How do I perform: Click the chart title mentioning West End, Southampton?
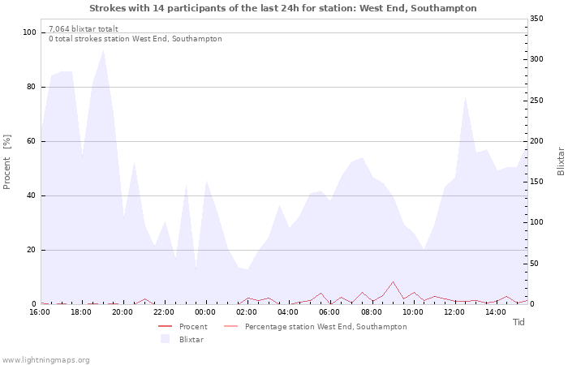[x=283, y=8]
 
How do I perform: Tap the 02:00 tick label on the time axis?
[x=247, y=312]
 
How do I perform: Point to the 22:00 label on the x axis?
[x=163, y=312]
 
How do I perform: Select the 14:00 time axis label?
[x=495, y=312]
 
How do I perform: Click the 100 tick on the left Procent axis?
[x=29, y=32]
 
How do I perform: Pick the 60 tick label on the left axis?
[x=31, y=141]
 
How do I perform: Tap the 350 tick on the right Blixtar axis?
[x=536, y=19]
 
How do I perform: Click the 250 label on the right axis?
[x=536, y=101]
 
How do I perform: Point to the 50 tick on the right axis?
[x=534, y=264]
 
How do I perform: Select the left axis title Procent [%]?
[x=6, y=162]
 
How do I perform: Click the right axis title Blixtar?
[x=561, y=161]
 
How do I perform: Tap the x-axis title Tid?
[x=519, y=322]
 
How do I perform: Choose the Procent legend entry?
[x=183, y=327]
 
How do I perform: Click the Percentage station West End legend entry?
[x=315, y=327]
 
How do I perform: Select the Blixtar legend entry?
[x=182, y=340]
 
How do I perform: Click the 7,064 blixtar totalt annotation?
[x=84, y=29]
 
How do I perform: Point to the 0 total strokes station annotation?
[x=136, y=39]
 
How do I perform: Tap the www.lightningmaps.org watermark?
[x=45, y=360]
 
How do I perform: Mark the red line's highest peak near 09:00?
[x=393, y=281]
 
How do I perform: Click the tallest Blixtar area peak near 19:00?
[x=104, y=50]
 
